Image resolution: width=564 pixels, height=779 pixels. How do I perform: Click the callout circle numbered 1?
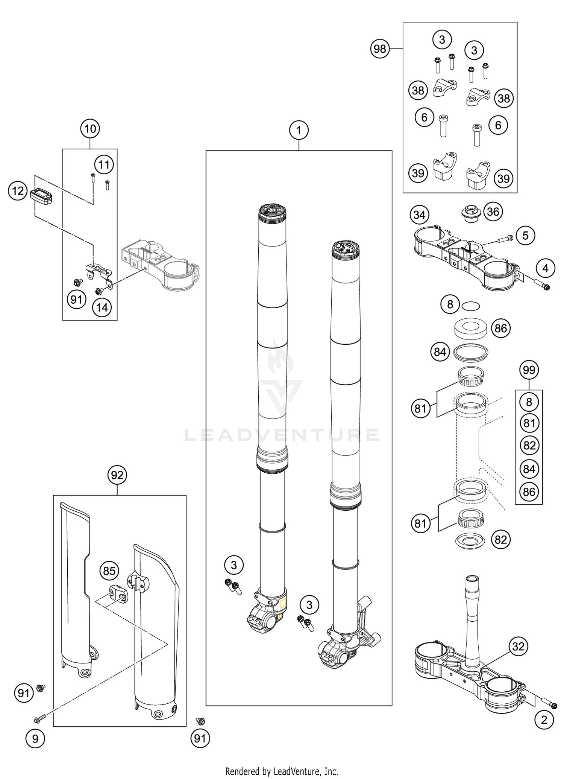[x=299, y=131]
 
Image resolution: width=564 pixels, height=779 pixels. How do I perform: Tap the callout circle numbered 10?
[x=90, y=129]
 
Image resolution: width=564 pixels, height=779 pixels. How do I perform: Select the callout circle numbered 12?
[x=18, y=191]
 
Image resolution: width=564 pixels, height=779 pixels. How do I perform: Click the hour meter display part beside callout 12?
[x=42, y=196]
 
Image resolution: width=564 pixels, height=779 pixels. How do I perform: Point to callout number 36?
[x=493, y=211]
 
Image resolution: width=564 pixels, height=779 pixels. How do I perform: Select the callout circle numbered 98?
[x=380, y=49]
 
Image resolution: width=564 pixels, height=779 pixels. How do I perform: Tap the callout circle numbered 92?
[x=117, y=475]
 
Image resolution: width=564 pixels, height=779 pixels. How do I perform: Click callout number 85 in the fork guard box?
[x=109, y=571]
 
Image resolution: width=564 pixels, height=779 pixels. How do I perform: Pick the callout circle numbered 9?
[x=35, y=739]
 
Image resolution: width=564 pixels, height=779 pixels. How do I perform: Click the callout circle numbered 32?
[x=518, y=647]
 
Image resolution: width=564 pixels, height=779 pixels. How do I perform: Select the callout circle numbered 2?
[x=544, y=720]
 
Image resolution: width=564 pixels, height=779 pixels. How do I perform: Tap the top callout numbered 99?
[x=529, y=370]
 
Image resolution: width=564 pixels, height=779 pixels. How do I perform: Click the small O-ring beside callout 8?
[x=471, y=306]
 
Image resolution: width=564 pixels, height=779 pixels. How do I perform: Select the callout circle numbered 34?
[x=419, y=215]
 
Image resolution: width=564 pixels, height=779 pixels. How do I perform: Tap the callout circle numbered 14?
[x=102, y=308]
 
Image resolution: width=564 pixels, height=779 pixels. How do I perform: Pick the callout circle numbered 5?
[x=525, y=236]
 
